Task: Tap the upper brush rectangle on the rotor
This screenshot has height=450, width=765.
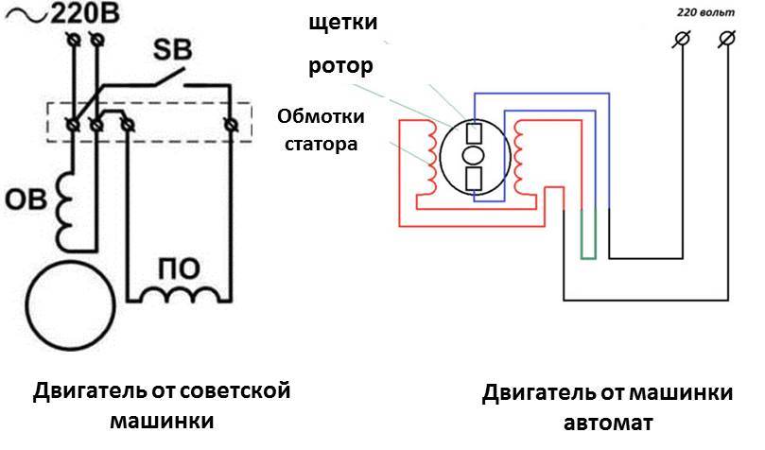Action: coord(474,132)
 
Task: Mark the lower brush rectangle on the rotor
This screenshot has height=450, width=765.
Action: coord(474,178)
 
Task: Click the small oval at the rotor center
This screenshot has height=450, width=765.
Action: coord(474,155)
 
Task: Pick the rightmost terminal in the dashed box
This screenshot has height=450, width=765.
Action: coord(229,124)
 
